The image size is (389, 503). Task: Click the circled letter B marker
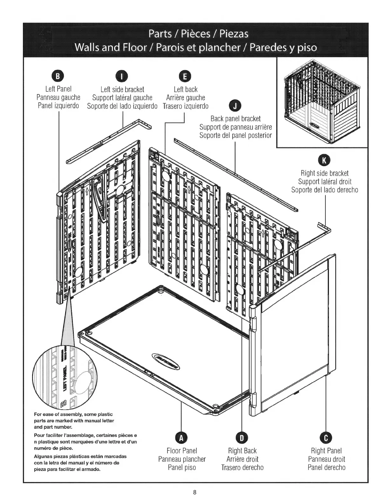(x=58, y=77)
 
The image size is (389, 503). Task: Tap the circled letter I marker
(x=122, y=77)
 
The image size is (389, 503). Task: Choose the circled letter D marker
(x=242, y=438)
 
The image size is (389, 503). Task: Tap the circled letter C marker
(x=326, y=438)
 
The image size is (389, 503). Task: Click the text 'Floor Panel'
(x=182, y=451)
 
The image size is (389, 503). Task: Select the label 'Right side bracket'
(x=324, y=173)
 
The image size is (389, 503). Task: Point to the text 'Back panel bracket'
(x=235, y=119)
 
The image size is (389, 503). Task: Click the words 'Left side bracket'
(x=122, y=90)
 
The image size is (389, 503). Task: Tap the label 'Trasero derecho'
(x=242, y=467)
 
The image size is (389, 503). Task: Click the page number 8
(x=194, y=493)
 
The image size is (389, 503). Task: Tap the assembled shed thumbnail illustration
(x=322, y=102)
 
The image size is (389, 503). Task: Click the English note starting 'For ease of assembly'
(x=74, y=420)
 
